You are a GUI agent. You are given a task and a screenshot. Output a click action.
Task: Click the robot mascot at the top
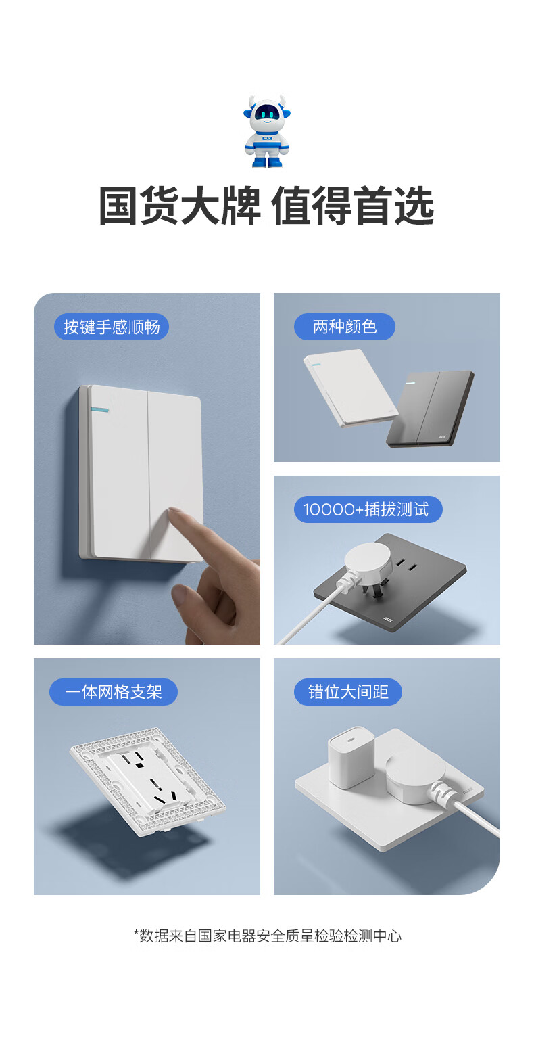pos(267,131)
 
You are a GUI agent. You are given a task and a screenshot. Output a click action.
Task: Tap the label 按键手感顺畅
pos(112,327)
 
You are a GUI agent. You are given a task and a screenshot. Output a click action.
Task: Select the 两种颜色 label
pos(345,327)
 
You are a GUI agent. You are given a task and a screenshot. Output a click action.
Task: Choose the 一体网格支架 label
pos(114,691)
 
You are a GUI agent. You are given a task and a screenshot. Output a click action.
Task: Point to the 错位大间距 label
pos(348,691)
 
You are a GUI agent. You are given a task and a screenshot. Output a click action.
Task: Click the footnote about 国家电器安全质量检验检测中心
pos(268,936)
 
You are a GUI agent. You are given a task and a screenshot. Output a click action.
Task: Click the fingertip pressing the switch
pos(176,513)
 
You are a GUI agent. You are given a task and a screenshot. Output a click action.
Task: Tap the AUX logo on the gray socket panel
pos(387,618)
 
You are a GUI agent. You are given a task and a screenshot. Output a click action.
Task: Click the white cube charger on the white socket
pos(351,756)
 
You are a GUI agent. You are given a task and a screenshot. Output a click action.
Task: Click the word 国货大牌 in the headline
pos(180,206)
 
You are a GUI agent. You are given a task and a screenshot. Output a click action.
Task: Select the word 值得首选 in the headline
pos(353,206)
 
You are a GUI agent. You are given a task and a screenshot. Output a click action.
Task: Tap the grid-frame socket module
pos(147,782)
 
